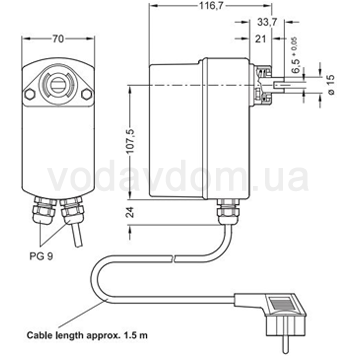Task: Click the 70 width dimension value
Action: [x=58, y=39]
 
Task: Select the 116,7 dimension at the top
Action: [x=211, y=7]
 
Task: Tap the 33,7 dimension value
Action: [x=267, y=23]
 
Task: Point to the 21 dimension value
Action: [x=261, y=39]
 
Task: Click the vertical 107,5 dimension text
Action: [x=131, y=141]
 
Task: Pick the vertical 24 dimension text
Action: [x=131, y=212]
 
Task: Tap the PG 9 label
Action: [x=40, y=256]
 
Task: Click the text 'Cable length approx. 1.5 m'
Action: [x=87, y=334]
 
